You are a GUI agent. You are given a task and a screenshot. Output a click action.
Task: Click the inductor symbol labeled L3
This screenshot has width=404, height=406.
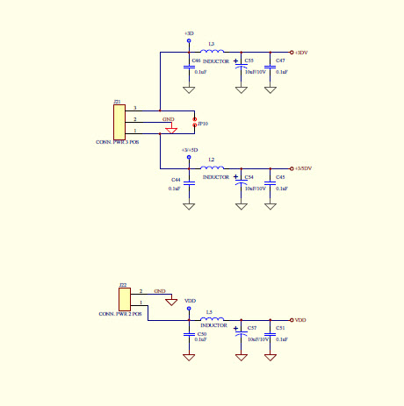pos(213,52)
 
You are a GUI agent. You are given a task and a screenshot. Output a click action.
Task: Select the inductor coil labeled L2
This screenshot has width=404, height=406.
pos(213,167)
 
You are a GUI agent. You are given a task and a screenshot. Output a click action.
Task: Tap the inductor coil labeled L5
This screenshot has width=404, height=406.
pos(213,319)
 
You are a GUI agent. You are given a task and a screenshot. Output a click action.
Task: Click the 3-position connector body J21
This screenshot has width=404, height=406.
pos(119,120)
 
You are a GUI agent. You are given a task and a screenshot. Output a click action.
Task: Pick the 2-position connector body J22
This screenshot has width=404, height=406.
pos(124,297)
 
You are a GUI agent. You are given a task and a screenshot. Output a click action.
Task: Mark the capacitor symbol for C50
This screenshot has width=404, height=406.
pos(189,334)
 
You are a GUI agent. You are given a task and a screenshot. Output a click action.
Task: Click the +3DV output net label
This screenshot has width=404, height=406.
pos(301,53)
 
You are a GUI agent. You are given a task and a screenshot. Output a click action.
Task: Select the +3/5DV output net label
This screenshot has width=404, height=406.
pos(303,168)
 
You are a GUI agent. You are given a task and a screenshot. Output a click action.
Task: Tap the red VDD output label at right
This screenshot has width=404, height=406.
pos(300,320)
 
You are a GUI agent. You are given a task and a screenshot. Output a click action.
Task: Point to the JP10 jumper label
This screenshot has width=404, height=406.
pos(203,125)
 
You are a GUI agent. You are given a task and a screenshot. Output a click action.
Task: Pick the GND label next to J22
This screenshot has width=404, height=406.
pos(160,290)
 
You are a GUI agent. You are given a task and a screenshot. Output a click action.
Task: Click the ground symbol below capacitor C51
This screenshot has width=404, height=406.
pos(270,357)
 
